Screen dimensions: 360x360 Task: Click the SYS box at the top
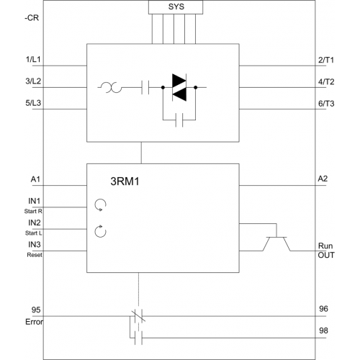(176, 7)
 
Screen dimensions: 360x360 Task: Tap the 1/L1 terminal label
(33, 59)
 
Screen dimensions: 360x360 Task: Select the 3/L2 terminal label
(33, 81)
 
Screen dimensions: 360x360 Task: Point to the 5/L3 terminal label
(33, 103)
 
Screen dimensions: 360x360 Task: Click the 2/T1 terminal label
(326, 60)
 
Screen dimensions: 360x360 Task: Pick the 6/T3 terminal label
(326, 104)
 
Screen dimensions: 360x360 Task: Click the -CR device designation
(32, 18)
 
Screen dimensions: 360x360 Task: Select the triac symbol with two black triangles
(179, 87)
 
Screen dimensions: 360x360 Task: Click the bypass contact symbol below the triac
(179, 120)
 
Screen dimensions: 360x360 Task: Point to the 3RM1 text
(125, 181)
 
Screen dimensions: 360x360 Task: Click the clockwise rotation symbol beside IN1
(100, 205)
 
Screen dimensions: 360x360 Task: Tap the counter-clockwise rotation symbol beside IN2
(100, 231)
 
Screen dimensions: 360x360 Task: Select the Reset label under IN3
(35, 255)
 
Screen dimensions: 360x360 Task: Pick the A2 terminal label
(323, 179)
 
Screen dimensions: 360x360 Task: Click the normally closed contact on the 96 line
(138, 316)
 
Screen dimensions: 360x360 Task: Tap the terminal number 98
(323, 330)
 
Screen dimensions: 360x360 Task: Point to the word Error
(35, 322)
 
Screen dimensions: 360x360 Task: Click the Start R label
(33, 211)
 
